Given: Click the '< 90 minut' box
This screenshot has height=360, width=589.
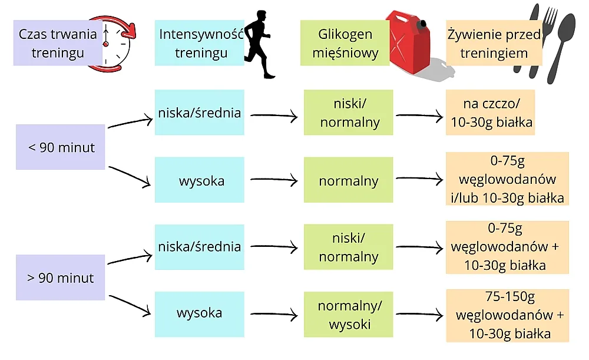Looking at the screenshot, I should tap(61, 147).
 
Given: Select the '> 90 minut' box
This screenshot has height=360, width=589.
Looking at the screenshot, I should tap(61, 278).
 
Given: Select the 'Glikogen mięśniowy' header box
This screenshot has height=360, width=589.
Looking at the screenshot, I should tap(345, 43).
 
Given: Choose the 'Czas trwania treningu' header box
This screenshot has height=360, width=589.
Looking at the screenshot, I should tap(58, 43).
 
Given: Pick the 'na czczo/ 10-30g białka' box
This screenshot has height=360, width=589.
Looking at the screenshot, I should tap(490, 113).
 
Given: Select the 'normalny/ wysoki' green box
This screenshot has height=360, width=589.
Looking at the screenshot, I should tap(348, 315).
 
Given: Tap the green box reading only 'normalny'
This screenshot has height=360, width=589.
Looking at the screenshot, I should tap(348, 181).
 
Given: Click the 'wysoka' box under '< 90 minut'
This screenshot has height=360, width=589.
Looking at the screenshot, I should tap(200, 181).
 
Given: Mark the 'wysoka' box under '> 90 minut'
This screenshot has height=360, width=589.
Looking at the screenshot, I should tap(200, 313).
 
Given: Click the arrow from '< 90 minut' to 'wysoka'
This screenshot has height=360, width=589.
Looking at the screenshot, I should tap(130, 177).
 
